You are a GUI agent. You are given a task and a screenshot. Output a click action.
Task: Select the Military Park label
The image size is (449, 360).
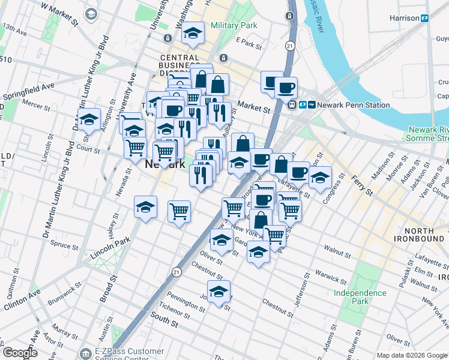click(x=234, y=25)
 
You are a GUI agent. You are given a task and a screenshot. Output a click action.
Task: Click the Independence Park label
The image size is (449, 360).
click(x=360, y=297)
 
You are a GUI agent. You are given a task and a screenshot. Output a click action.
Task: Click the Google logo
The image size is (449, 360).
click(x=20, y=353)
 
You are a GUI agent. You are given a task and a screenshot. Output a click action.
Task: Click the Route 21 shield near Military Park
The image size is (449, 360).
click(x=290, y=46)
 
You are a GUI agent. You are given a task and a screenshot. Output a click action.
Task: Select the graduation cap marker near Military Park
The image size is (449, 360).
click(x=193, y=34)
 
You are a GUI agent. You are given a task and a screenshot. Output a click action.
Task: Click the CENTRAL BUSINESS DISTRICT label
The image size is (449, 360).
click(x=179, y=65)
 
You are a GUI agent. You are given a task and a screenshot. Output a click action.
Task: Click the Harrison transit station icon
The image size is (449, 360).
click(x=424, y=18)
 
